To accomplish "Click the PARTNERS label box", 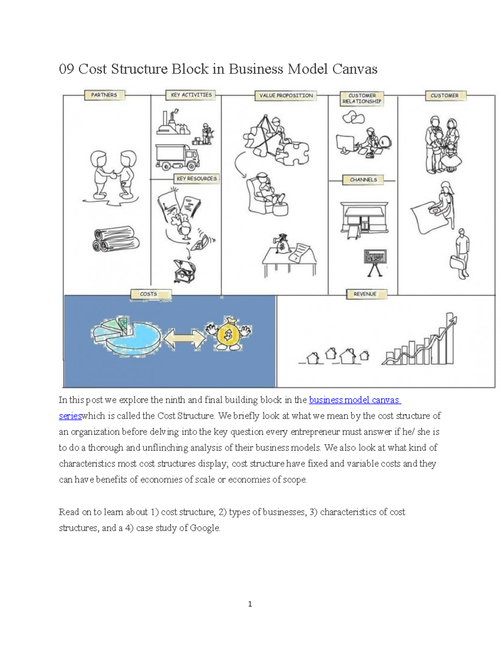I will click(104, 95).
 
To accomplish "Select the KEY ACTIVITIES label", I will click(191, 95).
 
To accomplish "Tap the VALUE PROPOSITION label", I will click(286, 96).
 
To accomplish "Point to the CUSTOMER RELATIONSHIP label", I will click(362, 99).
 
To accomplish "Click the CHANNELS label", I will click(363, 180).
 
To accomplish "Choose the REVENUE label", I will click(365, 294).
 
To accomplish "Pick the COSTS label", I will click(148, 294).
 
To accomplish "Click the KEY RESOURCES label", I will click(197, 179).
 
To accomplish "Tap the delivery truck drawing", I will click(177, 158).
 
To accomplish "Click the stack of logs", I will click(116, 239).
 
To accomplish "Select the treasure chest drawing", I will click(184, 271).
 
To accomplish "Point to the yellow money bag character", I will click(228, 335).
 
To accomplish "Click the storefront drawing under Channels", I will click(364, 218).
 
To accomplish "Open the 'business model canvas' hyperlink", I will click(354, 400).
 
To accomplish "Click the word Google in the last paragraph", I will click(204, 528).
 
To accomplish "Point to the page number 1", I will click(250, 604).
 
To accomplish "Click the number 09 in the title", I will click(66, 69).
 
